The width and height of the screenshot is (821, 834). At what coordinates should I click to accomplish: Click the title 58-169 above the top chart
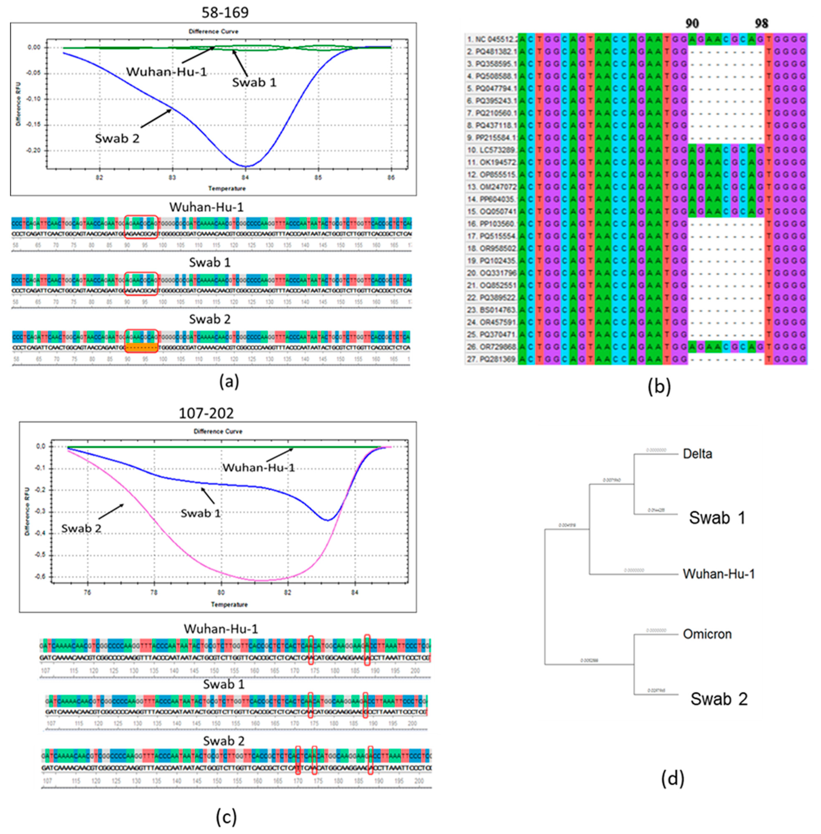(225, 12)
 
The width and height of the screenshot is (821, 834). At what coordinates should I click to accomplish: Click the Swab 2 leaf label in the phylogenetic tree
(719, 699)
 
